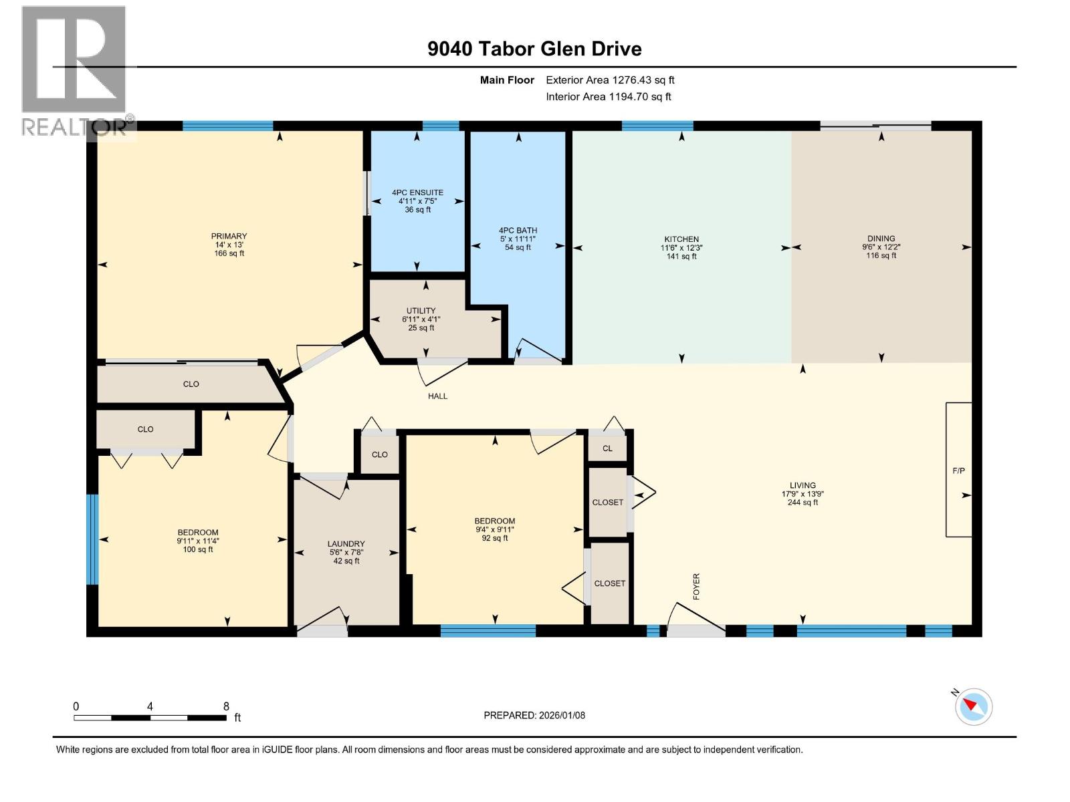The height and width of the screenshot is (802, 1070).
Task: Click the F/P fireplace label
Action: (x=958, y=471)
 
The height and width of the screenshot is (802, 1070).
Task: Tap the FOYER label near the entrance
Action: (x=696, y=586)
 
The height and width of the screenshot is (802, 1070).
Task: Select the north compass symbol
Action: (x=973, y=706)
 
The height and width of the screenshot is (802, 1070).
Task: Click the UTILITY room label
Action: (x=421, y=311)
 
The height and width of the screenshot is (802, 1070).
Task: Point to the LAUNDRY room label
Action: (x=346, y=544)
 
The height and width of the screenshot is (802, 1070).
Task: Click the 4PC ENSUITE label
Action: (x=417, y=192)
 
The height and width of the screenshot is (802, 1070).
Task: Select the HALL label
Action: (x=437, y=396)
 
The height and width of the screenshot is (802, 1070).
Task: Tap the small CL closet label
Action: (x=607, y=448)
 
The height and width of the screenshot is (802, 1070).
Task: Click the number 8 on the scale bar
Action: (x=226, y=706)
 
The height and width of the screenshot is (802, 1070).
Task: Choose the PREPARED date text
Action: (x=534, y=715)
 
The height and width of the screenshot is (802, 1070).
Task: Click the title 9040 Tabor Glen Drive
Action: (x=534, y=49)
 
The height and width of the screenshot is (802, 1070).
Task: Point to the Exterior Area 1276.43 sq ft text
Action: (x=610, y=80)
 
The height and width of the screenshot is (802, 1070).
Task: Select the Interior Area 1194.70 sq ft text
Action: (x=608, y=97)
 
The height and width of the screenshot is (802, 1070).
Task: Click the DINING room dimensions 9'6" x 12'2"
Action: (x=881, y=247)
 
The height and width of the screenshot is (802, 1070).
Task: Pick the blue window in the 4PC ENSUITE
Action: (x=441, y=126)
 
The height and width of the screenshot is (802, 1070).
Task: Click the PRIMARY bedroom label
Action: (x=229, y=236)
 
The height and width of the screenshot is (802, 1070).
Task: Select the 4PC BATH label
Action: (x=518, y=231)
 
